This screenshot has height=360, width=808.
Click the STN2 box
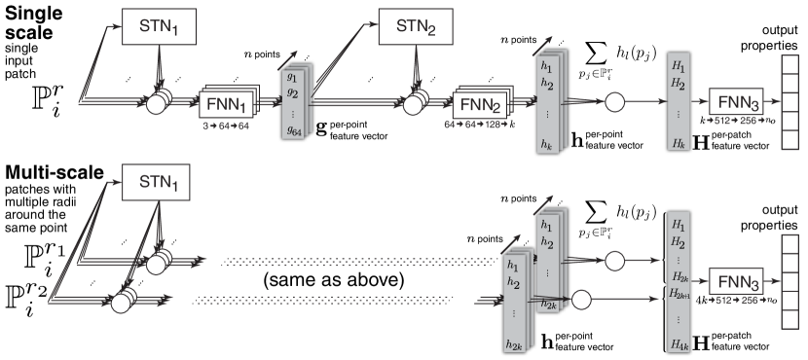pyautogui.click(x=416, y=27)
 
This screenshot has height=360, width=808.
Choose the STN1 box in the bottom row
pyautogui.click(x=160, y=182)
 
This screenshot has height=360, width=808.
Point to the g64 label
pyautogui.click(x=292, y=130)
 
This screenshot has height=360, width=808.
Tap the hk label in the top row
pyautogui.click(x=546, y=143)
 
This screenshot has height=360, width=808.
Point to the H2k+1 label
pyautogui.click(x=679, y=294)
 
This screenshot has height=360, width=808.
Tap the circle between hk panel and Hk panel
pyautogui.click(x=615, y=101)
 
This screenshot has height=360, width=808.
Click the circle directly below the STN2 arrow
pyautogui.click(x=415, y=102)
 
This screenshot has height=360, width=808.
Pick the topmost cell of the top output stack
pyautogui.click(x=791, y=64)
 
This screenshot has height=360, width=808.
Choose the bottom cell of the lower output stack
pyautogui.click(x=791, y=320)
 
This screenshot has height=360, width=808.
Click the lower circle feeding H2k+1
pyautogui.click(x=582, y=300)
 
